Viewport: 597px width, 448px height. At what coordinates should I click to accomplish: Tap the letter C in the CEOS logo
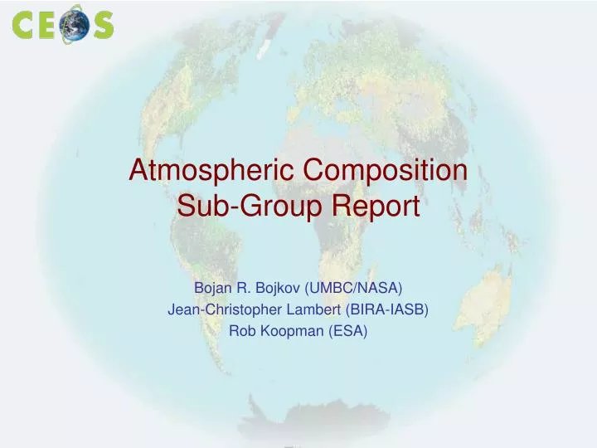coord(24,25)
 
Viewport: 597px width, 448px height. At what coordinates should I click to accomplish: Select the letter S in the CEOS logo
coord(103,25)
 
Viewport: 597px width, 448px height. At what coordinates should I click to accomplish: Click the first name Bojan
coord(211,288)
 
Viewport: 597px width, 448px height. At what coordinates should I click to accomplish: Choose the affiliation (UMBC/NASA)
coord(353,288)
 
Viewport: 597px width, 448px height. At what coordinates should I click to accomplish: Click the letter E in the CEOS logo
coord(48,25)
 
